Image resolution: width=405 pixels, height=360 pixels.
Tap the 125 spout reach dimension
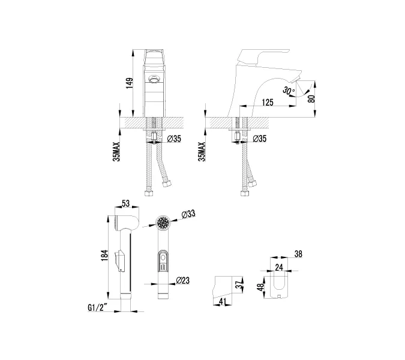click(x=268, y=103)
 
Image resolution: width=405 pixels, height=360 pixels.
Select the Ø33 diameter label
click(x=189, y=213)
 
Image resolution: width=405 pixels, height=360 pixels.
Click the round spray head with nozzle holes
click(x=162, y=224)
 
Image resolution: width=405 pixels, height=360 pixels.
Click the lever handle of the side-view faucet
click(x=250, y=55)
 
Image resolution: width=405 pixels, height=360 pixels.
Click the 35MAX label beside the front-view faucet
click(x=116, y=151)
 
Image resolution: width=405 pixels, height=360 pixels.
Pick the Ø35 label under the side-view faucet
click(x=259, y=139)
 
